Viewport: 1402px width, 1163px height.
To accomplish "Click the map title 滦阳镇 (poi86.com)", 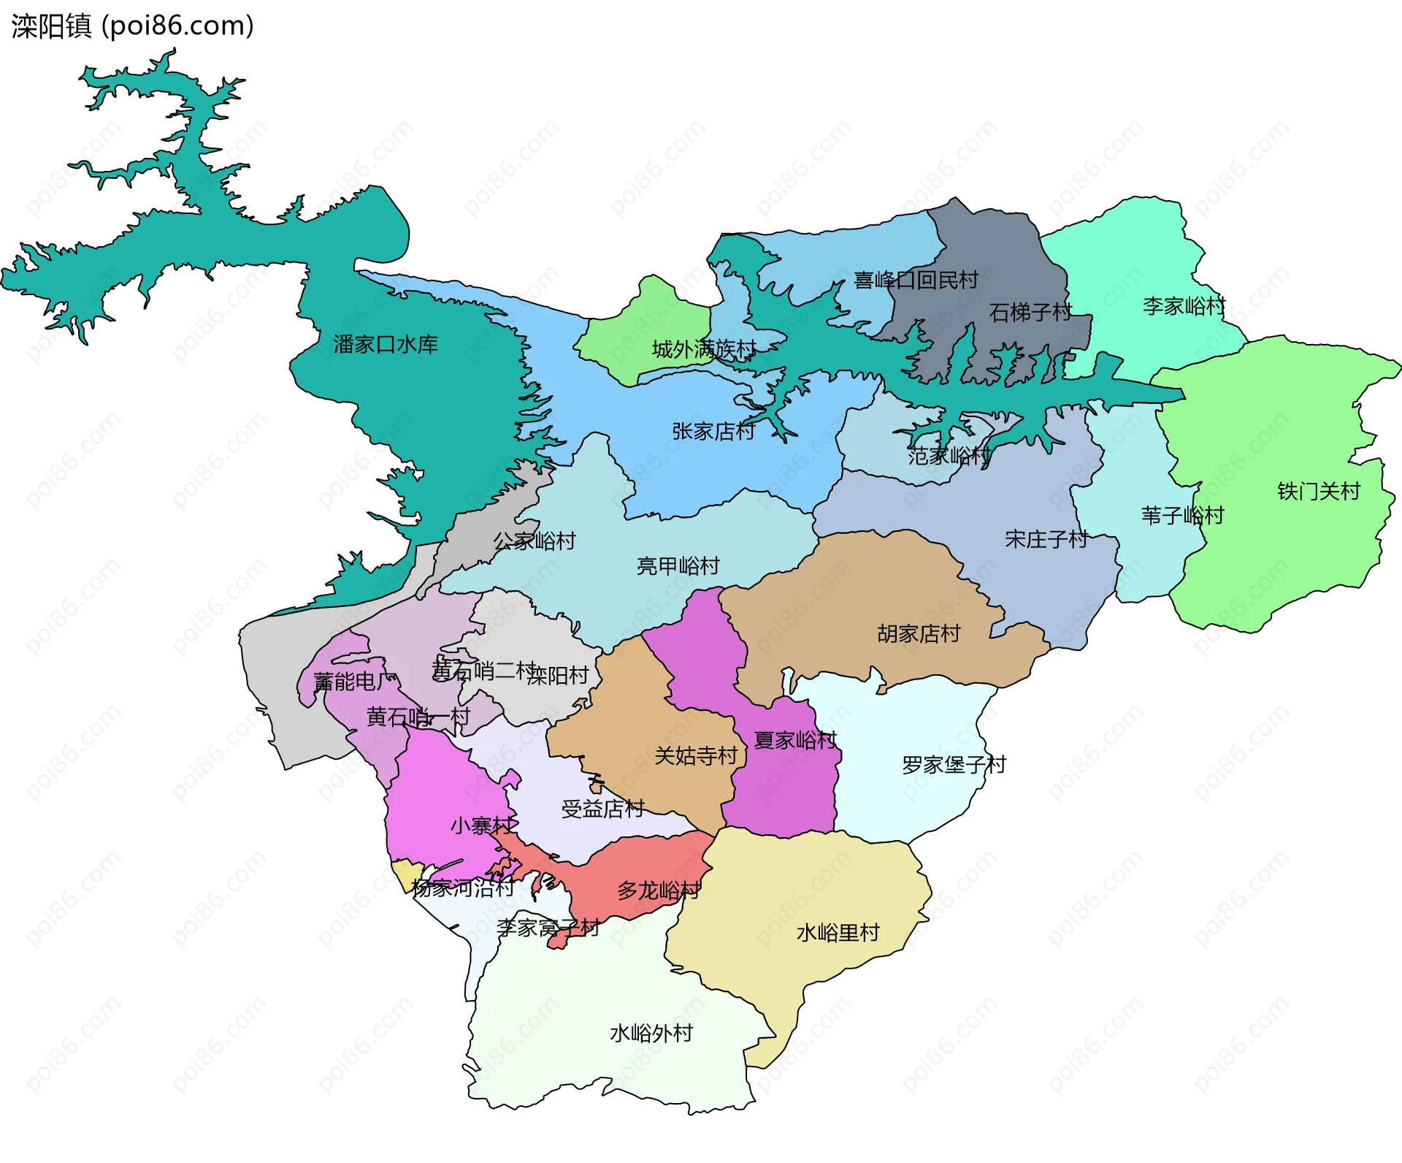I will point(132,26).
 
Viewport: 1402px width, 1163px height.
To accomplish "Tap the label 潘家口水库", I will point(386,344).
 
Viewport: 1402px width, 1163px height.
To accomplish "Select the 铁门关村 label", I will point(1319,491).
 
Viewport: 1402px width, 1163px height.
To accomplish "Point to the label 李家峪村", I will point(1184,305).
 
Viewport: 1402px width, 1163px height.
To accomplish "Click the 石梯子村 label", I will point(1030,313).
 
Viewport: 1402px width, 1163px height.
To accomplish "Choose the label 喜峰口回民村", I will point(916,280).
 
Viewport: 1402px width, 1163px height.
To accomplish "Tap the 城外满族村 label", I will point(704,349).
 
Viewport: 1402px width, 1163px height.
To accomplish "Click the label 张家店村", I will point(713,431).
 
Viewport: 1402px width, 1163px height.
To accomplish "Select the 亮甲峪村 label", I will point(678,565).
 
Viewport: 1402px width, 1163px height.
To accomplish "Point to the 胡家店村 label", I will point(919,633).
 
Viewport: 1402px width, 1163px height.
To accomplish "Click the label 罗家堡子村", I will point(954,765).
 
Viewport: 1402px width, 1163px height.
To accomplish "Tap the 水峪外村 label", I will point(651,1033).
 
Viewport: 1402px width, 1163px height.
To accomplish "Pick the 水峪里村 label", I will point(838,933).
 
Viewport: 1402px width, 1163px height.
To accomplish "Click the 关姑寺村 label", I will point(696,755).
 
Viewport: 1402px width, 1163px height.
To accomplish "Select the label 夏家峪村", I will point(795,740).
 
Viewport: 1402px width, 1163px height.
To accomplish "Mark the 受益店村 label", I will point(602,809).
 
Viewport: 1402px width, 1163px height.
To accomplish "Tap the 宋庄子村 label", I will point(1046,539).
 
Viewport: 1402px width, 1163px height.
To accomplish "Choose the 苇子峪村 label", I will point(1182,516).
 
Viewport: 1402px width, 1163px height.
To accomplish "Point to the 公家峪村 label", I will point(535,541).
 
